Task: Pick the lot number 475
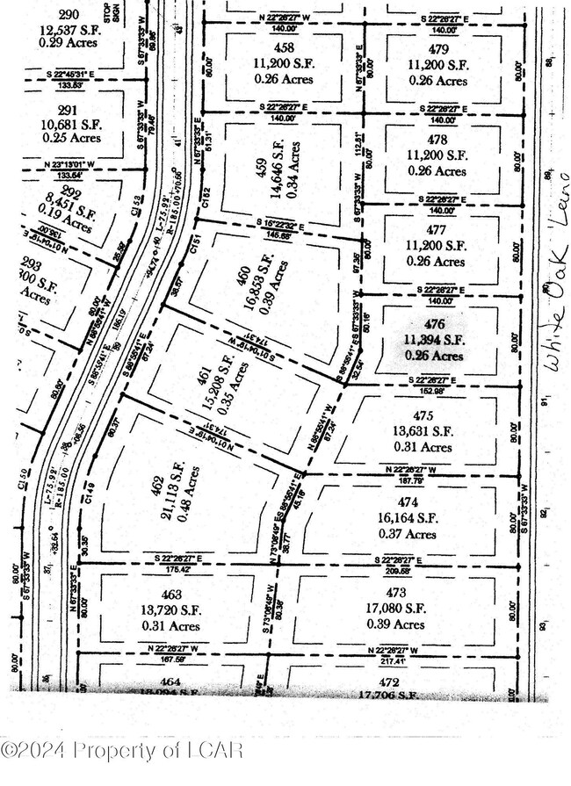423,416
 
